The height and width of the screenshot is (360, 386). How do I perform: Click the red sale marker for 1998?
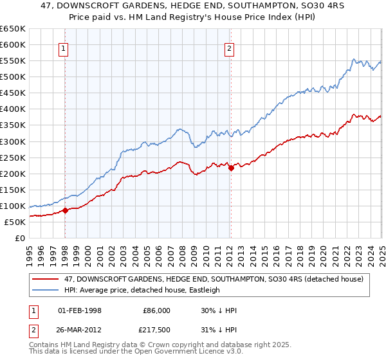click(x=65, y=210)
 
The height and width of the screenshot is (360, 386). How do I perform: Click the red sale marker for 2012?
click(x=231, y=168)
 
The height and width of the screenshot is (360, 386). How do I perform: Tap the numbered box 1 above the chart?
click(x=65, y=47)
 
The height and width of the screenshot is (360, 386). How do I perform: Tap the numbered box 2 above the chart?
click(x=230, y=47)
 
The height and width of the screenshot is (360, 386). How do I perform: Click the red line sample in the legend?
click(x=46, y=279)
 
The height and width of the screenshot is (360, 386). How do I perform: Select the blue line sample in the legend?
click(x=46, y=290)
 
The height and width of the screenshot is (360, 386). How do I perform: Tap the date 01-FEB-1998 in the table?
click(x=80, y=310)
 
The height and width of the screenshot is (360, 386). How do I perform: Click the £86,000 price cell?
click(x=156, y=310)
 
